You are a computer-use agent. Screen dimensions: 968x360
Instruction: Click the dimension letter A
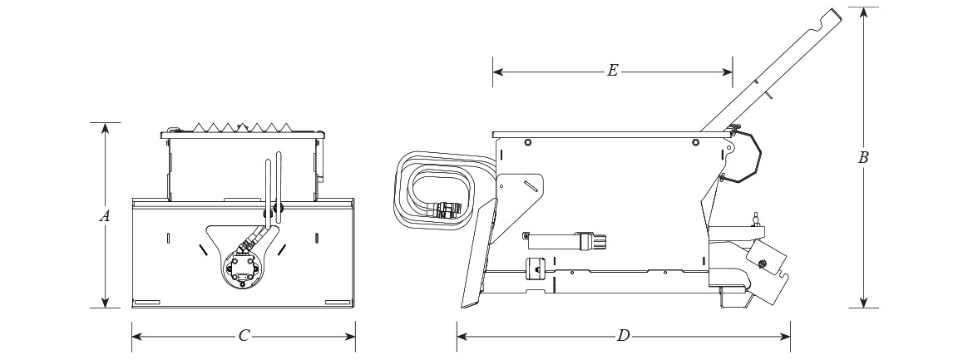click(105, 216)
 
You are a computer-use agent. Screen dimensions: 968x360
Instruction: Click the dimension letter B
click(863, 157)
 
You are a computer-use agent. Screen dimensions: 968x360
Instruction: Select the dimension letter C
click(244, 336)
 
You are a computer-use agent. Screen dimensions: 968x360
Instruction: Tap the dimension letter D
click(624, 336)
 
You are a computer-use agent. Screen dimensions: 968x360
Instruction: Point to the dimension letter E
click(612, 71)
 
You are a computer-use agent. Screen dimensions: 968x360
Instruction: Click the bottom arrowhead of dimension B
click(863, 302)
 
